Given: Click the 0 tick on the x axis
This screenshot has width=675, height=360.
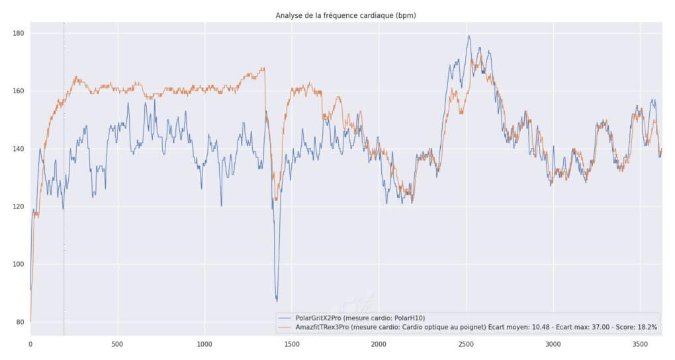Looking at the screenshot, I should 30,344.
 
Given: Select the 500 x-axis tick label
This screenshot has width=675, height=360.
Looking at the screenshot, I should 117,344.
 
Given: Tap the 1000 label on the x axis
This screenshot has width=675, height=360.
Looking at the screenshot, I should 204,344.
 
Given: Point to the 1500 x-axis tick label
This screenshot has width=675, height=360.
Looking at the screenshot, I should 292,344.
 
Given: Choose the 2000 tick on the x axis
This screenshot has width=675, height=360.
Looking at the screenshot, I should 379,344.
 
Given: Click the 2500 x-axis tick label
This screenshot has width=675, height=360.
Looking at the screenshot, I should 466,344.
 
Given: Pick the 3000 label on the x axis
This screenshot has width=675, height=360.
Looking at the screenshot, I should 553,344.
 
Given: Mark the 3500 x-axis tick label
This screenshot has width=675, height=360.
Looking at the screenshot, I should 640,344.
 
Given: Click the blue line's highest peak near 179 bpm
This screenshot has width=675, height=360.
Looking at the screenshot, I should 469,36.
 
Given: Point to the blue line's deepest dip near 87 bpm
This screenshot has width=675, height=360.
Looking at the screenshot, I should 277,300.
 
